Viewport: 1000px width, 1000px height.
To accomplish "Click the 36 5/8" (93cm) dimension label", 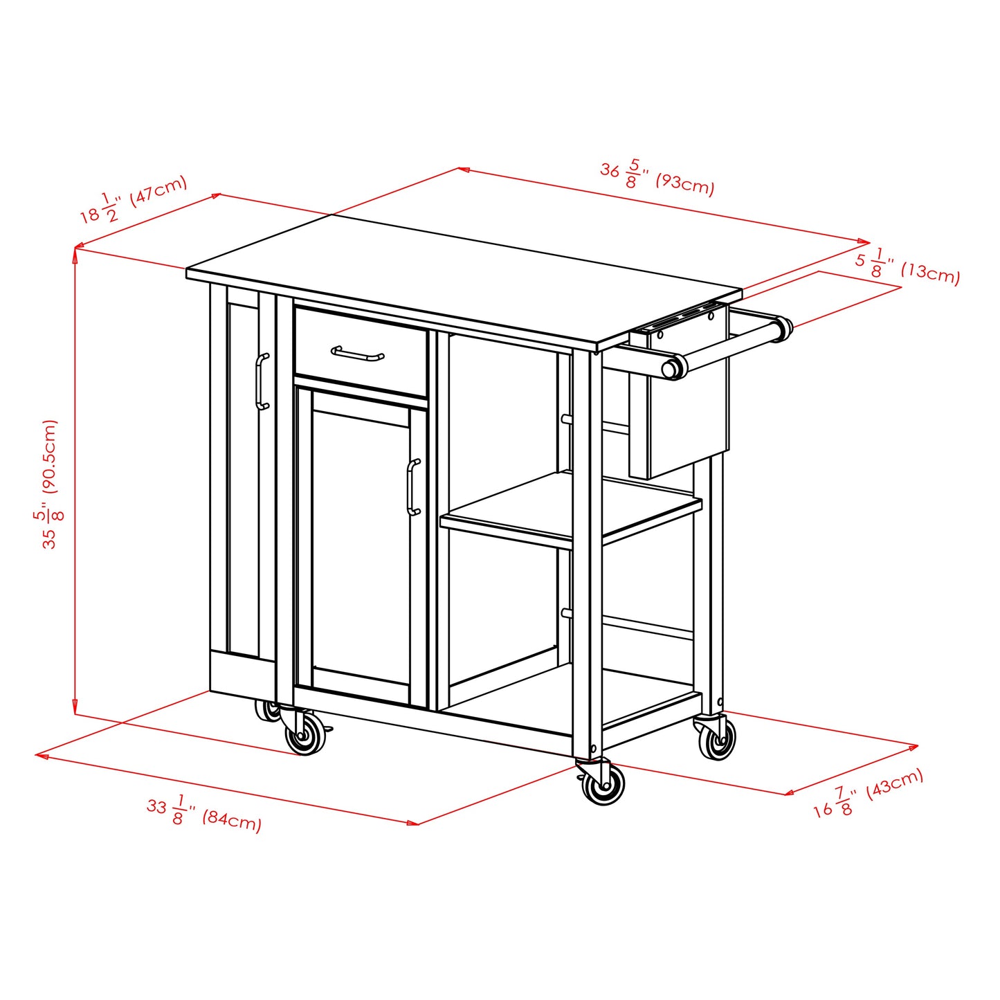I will [656, 177].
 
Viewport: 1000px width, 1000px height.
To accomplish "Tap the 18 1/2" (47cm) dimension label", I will [133, 199].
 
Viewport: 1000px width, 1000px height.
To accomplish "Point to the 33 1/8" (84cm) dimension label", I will [203, 812].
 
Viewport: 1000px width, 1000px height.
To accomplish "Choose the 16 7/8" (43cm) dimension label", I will [868, 793].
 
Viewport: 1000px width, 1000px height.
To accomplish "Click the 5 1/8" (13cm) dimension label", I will [907, 266].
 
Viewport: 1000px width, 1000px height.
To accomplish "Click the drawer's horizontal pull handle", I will [357, 354].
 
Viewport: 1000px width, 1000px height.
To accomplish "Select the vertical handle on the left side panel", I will [262, 381].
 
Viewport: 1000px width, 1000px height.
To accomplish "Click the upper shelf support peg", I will [567, 419].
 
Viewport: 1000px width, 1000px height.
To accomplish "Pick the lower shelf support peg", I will [567, 612].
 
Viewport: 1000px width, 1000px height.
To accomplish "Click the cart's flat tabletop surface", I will [464, 277].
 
